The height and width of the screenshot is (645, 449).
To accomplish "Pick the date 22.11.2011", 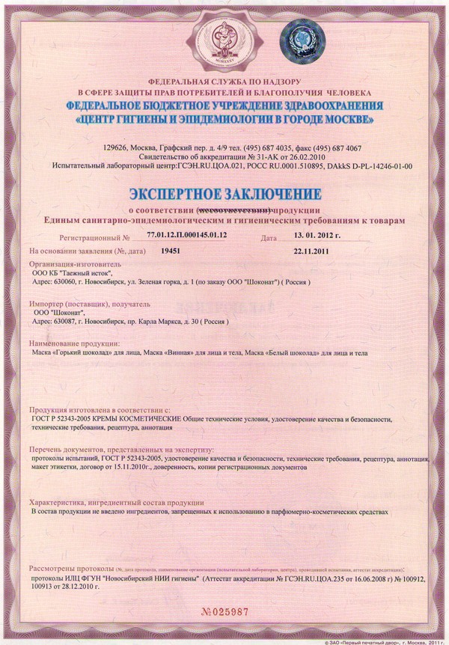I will coord(312,251).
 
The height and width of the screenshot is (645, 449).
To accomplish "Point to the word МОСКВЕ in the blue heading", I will coord(343,119).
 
